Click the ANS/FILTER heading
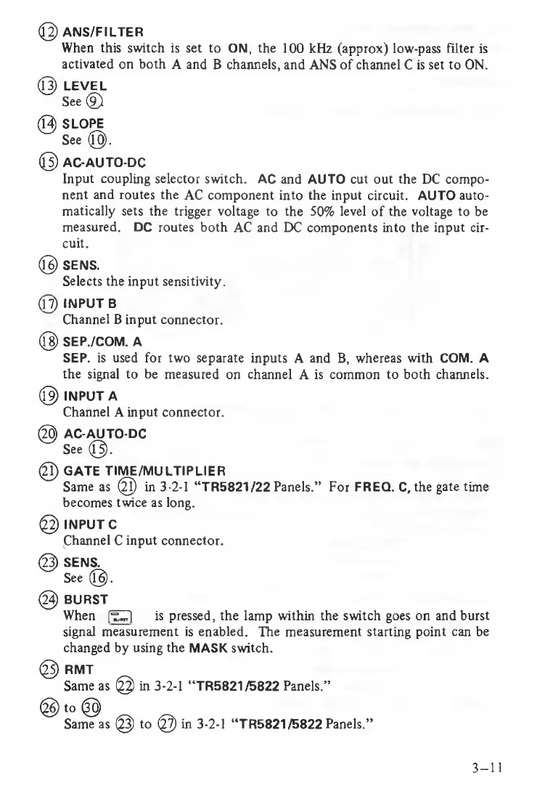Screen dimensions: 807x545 [103, 33]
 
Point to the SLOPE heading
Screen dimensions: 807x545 [85, 124]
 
